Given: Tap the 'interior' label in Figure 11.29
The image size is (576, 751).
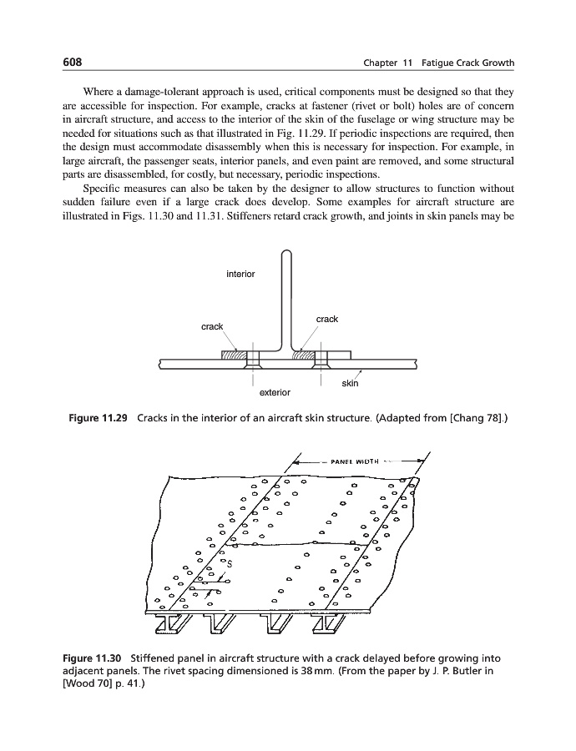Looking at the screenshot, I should [x=240, y=274].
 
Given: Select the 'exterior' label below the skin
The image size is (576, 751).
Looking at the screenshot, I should [x=275, y=391].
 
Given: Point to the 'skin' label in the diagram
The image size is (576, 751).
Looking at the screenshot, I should [x=350, y=384].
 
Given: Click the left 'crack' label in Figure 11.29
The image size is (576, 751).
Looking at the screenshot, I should [x=212, y=326].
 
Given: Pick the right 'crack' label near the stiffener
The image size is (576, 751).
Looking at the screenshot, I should [x=326, y=319].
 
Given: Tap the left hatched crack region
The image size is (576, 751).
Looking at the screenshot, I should [x=235, y=355].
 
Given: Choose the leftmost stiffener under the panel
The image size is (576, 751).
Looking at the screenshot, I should [x=174, y=622].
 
